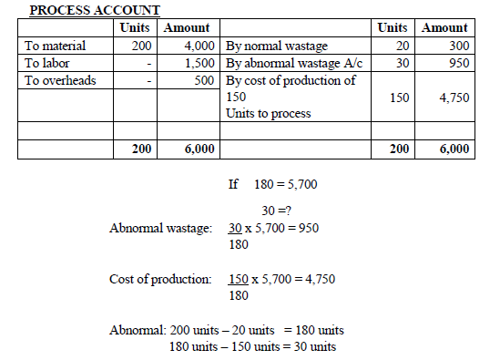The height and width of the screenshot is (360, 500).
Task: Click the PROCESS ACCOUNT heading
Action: (x=95, y=10)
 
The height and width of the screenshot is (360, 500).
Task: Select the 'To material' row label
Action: (x=57, y=44)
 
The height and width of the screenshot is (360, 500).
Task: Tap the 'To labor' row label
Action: (x=50, y=63)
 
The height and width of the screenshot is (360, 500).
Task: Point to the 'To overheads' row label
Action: (x=62, y=80)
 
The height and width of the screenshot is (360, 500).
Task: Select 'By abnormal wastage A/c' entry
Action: (x=291, y=63)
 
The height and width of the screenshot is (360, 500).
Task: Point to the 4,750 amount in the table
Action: (x=453, y=97)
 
